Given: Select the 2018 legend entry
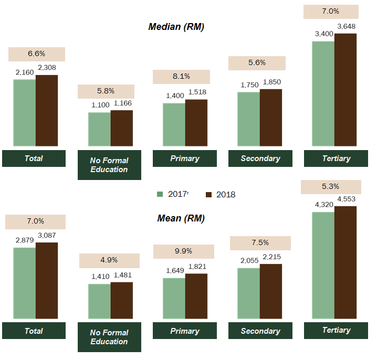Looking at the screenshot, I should click(221, 195).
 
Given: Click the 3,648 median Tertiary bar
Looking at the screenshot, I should click(345, 89).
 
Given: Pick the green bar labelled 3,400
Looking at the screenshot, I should click(323, 93).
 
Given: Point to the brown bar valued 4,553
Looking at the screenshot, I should click(345, 262).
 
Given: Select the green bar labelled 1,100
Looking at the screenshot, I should click(99, 129).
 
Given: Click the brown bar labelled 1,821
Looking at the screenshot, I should click(196, 296).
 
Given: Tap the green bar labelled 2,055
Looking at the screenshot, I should click(248, 293).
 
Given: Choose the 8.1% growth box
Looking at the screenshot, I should click(181, 77).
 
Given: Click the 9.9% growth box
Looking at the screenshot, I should click(181, 251).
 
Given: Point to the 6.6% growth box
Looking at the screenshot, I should click(36, 54).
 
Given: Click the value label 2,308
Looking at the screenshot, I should click(47, 68).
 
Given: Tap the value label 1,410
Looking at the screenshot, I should click(99, 275).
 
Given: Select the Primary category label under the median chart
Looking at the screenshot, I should click(185, 158).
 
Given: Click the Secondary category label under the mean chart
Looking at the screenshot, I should click(260, 331).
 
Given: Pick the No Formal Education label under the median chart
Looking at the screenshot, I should click(109, 165).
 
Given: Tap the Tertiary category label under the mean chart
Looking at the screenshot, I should click(336, 330).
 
